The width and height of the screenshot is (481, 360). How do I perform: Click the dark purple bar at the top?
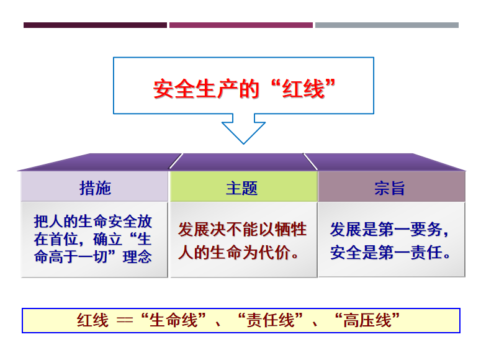(x=95, y=25)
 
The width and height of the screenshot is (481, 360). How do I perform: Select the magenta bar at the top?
(x=241, y=25)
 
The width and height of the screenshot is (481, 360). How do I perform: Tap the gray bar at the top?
(x=387, y=25)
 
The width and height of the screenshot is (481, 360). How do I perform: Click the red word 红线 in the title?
(x=303, y=89)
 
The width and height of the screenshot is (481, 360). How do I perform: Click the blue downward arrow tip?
(x=243, y=143)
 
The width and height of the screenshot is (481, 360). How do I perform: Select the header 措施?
(x=95, y=188)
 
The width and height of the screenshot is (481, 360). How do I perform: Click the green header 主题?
(x=241, y=188)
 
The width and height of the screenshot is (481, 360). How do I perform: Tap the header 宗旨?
(x=390, y=188)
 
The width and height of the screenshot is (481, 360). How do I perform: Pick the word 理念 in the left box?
(x=137, y=257)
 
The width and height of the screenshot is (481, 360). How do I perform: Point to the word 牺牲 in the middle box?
(x=290, y=229)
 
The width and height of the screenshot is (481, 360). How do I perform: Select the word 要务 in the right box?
(x=426, y=229)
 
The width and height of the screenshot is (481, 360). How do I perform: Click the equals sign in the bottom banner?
(x=125, y=321)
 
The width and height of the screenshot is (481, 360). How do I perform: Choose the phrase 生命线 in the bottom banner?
(x=173, y=320)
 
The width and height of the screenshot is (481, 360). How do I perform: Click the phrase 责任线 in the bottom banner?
(x=270, y=320)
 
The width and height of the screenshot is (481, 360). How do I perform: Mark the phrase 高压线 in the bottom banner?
(x=367, y=320)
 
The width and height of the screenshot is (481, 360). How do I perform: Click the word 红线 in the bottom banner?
(x=92, y=320)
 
